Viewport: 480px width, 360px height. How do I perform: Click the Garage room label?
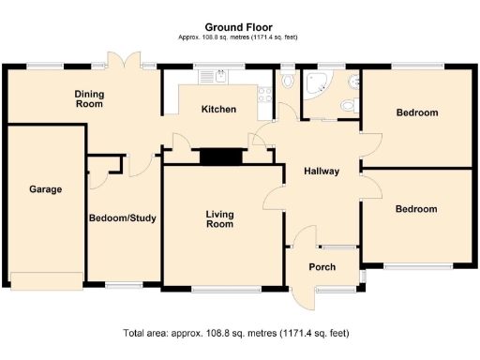(45, 189)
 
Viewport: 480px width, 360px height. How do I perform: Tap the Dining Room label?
(89, 98)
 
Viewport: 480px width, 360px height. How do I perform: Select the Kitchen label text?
(218, 110)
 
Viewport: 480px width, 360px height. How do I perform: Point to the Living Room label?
(219, 219)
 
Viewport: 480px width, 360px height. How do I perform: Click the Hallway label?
(322, 172)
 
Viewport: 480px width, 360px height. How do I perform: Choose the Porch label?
(322, 267)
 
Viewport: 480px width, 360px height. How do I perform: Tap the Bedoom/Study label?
(123, 217)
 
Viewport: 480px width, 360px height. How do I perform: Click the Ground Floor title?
(238, 27)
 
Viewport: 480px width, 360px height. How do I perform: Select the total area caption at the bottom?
(236, 333)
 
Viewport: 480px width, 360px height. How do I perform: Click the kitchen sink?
(214, 76)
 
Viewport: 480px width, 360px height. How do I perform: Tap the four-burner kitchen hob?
(265, 95)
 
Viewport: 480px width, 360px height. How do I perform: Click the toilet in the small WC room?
(288, 78)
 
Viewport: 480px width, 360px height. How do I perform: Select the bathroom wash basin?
(353, 82)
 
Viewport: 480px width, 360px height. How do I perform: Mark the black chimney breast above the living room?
(221, 157)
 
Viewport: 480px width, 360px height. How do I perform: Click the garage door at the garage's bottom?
(47, 281)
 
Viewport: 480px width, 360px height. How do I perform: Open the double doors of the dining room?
(124, 59)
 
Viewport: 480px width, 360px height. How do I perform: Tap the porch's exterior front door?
(303, 299)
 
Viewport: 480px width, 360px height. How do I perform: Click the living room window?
(226, 290)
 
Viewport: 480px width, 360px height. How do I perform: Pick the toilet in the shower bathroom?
(350, 105)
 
